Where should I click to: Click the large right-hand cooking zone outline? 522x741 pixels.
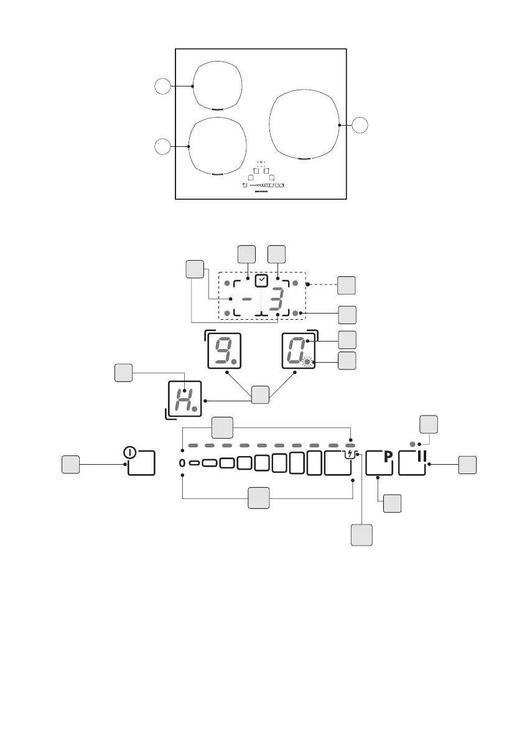(x=305, y=124)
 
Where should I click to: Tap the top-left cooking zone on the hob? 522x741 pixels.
(x=216, y=85)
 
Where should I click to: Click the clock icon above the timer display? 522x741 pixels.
(x=262, y=281)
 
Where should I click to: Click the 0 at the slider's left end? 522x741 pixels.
(x=182, y=463)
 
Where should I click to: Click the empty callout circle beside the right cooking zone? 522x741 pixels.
(x=360, y=125)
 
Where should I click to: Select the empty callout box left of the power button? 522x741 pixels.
(x=70, y=464)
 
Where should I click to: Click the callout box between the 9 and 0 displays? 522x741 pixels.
(x=260, y=394)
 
